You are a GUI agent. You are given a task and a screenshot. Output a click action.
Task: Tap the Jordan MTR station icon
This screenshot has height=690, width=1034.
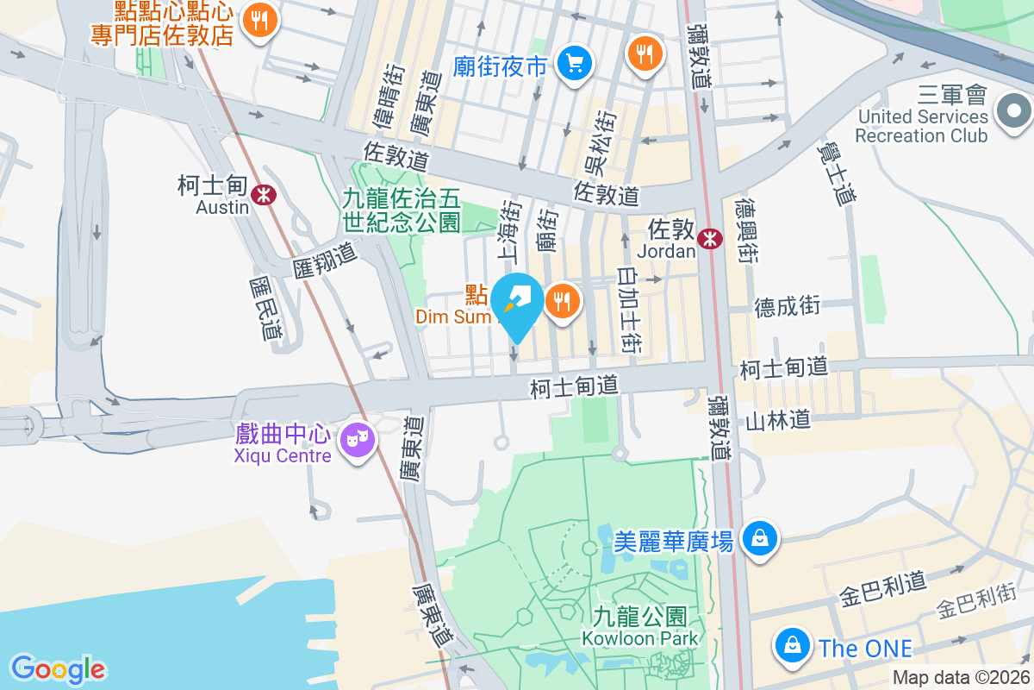[x=710, y=239]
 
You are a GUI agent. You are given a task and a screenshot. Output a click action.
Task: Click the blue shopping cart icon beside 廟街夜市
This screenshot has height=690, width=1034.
[x=573, y=63]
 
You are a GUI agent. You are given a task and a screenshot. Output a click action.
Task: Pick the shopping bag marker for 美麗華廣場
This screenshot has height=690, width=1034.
[x=760, y=539]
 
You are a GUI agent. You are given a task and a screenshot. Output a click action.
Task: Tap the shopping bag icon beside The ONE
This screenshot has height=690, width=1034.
[x=790, y=645]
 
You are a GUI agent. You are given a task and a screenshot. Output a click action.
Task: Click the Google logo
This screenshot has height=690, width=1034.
[x=59, y=668]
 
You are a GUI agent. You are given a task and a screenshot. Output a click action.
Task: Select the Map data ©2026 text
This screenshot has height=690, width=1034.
[x=960, y=678]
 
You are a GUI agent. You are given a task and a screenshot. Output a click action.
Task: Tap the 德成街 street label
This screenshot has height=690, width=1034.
[x=788, y=306]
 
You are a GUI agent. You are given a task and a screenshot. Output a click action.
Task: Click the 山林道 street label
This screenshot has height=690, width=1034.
[x=778, y=420]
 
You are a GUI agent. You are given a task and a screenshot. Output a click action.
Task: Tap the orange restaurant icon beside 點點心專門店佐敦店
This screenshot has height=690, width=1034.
[x=258, y=20]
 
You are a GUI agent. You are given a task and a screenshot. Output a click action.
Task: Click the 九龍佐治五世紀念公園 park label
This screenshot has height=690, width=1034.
[x=402, y=210]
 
